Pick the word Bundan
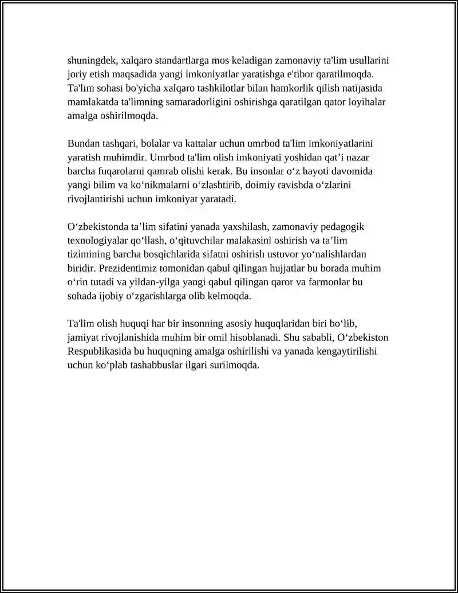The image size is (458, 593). click(x=82, y=143)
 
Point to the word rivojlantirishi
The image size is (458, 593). click(x=100, y=199)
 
